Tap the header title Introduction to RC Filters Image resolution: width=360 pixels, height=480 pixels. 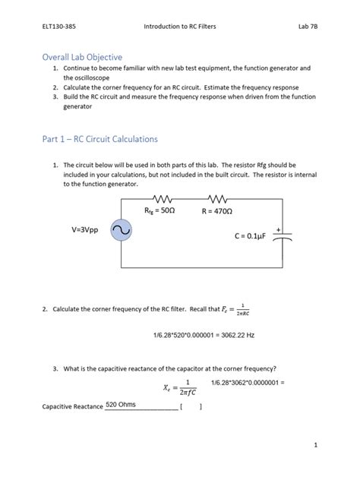180,27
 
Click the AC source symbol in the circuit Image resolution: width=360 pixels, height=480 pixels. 122,230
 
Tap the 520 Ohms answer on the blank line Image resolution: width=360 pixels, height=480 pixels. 122,404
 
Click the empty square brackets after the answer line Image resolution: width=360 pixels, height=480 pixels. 191,406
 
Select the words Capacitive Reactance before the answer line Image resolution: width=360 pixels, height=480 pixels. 72,407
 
